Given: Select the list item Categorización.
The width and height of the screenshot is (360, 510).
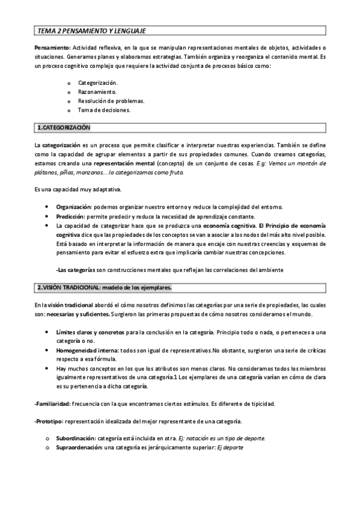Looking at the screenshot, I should click(x=98, y=82).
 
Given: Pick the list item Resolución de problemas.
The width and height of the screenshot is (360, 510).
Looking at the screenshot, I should click(x=111, y=101).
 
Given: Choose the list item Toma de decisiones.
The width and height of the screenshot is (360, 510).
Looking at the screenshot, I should click(x=104, y=110).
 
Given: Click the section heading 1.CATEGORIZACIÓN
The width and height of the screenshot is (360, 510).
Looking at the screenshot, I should click(x=63, y=128).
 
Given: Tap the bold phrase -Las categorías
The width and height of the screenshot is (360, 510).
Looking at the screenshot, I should click(x=79, y=269).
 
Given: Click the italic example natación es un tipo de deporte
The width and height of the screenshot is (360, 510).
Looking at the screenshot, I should click(x=216, y=438).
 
